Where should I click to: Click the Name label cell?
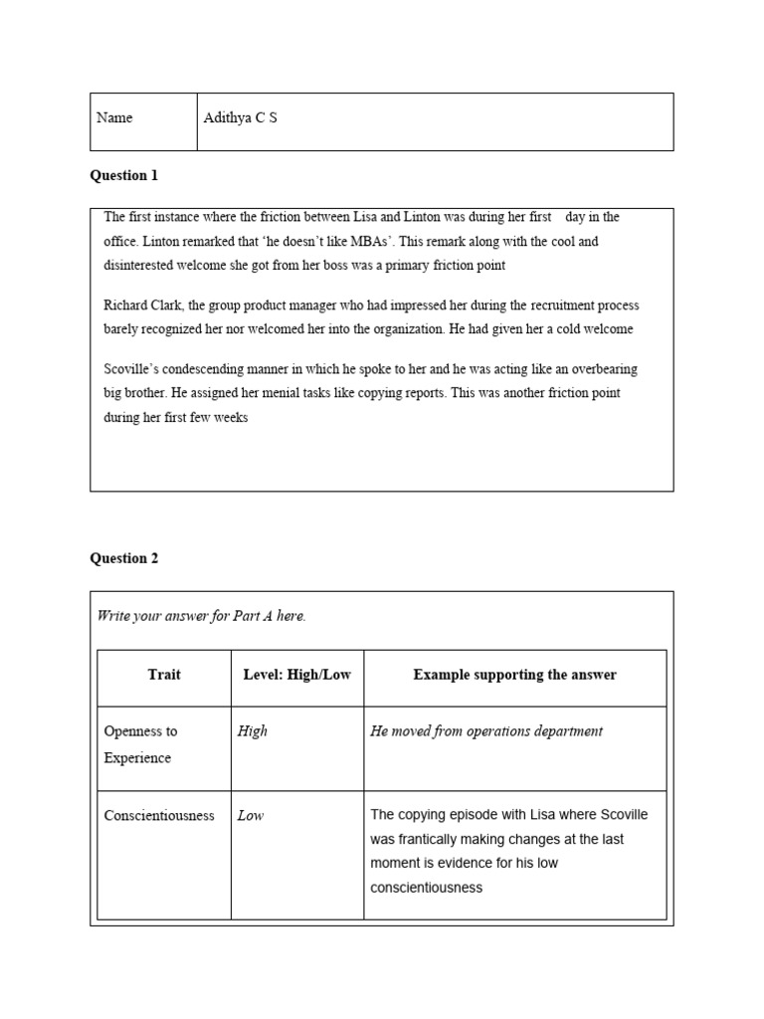coord(114,117)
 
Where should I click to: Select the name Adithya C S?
coord(240,117)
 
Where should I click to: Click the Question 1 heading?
coord(124,176)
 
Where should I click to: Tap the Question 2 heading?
coord(124,558)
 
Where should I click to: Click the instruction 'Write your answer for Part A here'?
coord(201,616)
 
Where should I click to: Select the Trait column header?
coord(164,675)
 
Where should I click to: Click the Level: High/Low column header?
coord(296,675)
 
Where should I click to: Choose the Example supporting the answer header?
coord(514,675)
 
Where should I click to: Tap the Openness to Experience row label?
coord(140,744)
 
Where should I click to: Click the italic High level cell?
coord(253,731)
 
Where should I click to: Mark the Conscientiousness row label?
coord(159,816)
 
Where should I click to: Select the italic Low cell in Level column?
coord(251,816)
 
